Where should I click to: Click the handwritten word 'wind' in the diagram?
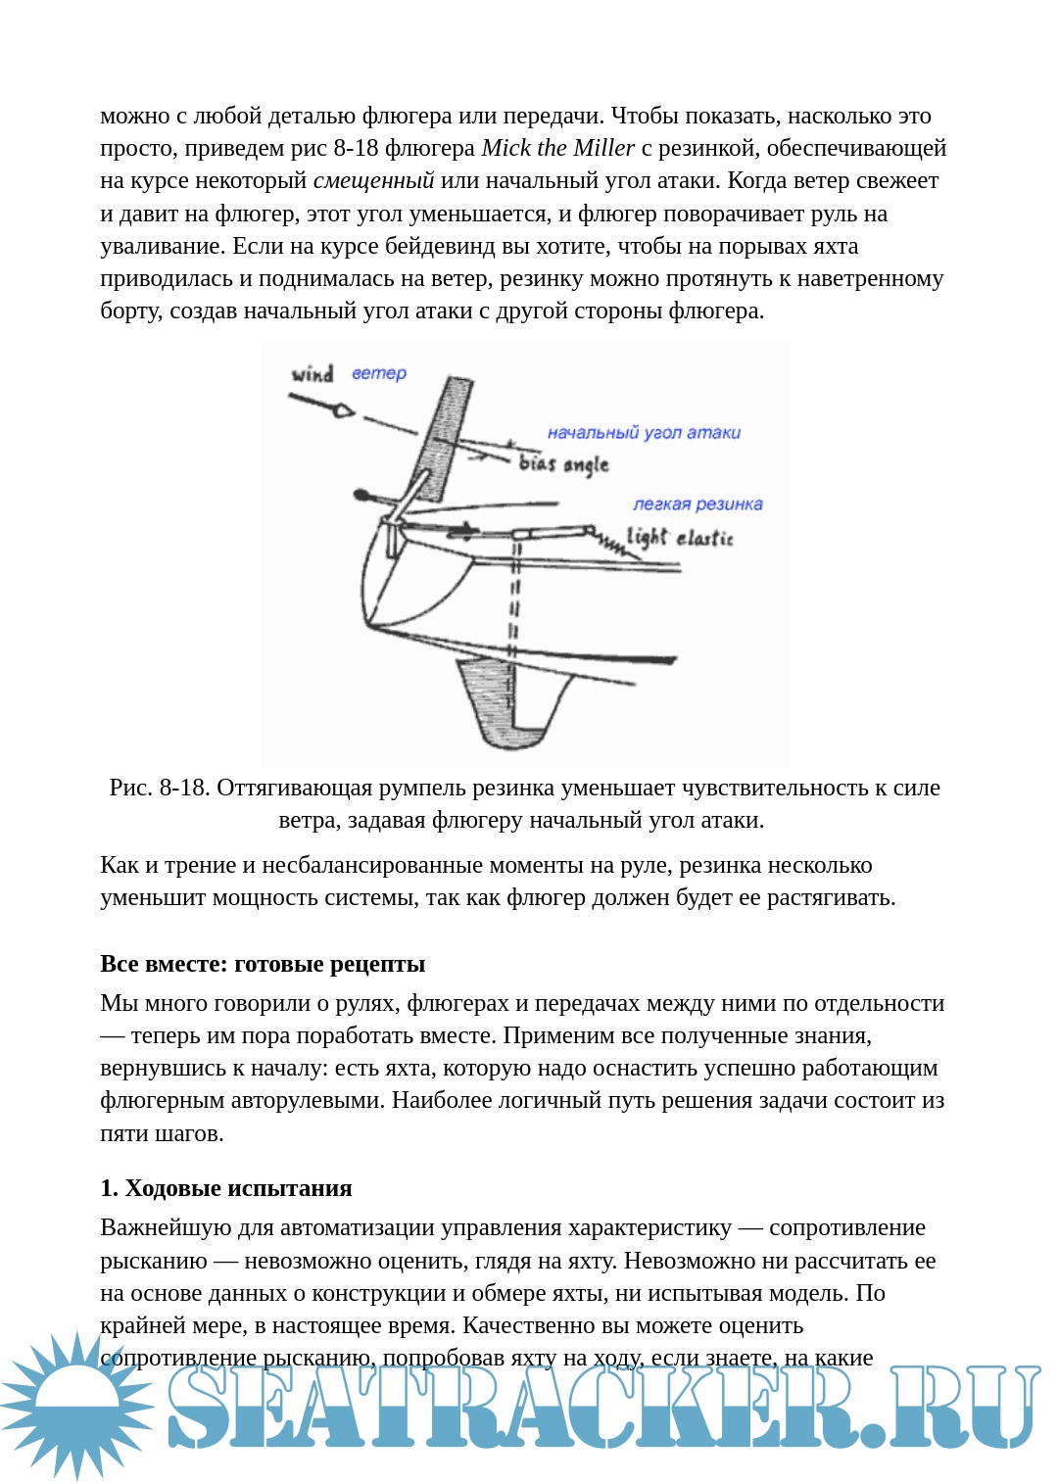pos(313,373)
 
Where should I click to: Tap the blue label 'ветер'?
pos(379,373)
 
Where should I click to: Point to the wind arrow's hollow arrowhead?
pos(342,410)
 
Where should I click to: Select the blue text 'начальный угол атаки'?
pos(644,432)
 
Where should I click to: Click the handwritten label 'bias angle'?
pos(563,463)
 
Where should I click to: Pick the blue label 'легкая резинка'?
pos(697,504)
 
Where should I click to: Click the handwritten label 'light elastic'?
pos(680,537)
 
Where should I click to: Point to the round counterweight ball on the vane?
pos(361,495)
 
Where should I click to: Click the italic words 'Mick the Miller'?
pos(558,148)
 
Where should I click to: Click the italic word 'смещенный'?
pos(373,180)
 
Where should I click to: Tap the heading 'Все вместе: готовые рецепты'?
pos(263,964)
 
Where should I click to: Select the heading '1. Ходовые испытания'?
pos(226,1188)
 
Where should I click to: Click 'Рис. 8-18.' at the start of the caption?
pos(159,788)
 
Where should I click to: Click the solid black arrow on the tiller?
pos(462,531)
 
